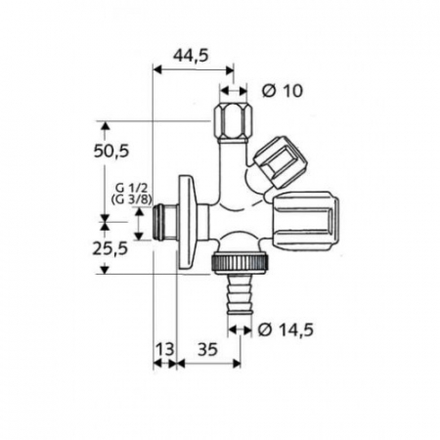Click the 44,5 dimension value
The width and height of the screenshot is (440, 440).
(191, 56)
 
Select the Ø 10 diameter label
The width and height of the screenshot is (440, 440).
(283, 91)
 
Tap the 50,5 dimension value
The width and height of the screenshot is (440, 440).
(111, 152)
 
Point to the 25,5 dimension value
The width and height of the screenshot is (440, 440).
(110, 249)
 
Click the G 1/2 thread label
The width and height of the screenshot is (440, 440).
(132, 188)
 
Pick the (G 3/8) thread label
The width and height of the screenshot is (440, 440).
(132, 199)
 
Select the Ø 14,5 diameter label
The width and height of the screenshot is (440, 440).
(286, 330)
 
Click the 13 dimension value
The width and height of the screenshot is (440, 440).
(164, 350)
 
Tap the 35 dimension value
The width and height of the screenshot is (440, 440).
(207, 350)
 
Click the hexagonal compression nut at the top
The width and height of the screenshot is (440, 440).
(234, 121)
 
